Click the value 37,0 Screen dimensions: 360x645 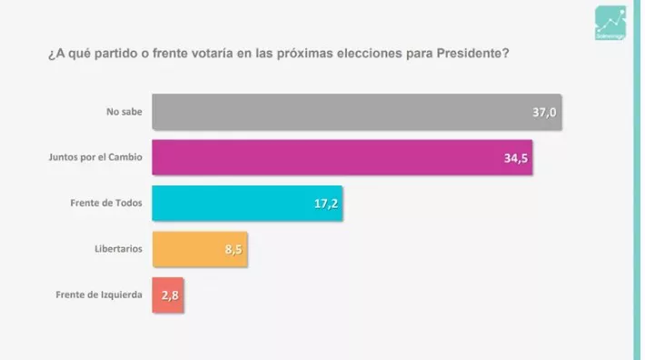[543, 112]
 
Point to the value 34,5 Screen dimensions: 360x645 [516, 157]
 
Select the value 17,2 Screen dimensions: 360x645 [325, 204]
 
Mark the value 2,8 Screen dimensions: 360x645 [171, 295]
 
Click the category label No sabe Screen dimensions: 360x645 [124, 112]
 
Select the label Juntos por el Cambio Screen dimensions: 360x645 [94, 157]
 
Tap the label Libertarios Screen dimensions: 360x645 [117, 249]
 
